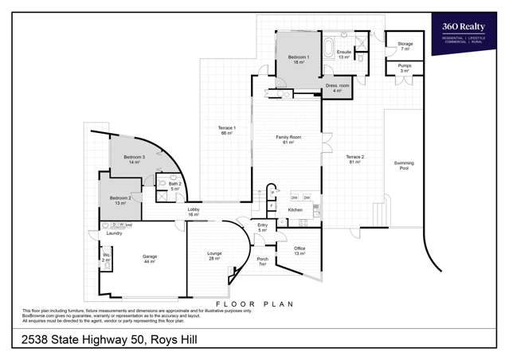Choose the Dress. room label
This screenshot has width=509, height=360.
337,88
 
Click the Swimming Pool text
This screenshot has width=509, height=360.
404,166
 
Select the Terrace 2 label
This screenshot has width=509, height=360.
354,159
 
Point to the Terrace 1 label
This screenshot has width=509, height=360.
226,130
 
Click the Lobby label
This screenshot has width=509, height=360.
193,212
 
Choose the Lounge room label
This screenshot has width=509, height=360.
214,256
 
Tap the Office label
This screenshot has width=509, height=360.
300,250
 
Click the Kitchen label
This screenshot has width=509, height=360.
296,209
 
